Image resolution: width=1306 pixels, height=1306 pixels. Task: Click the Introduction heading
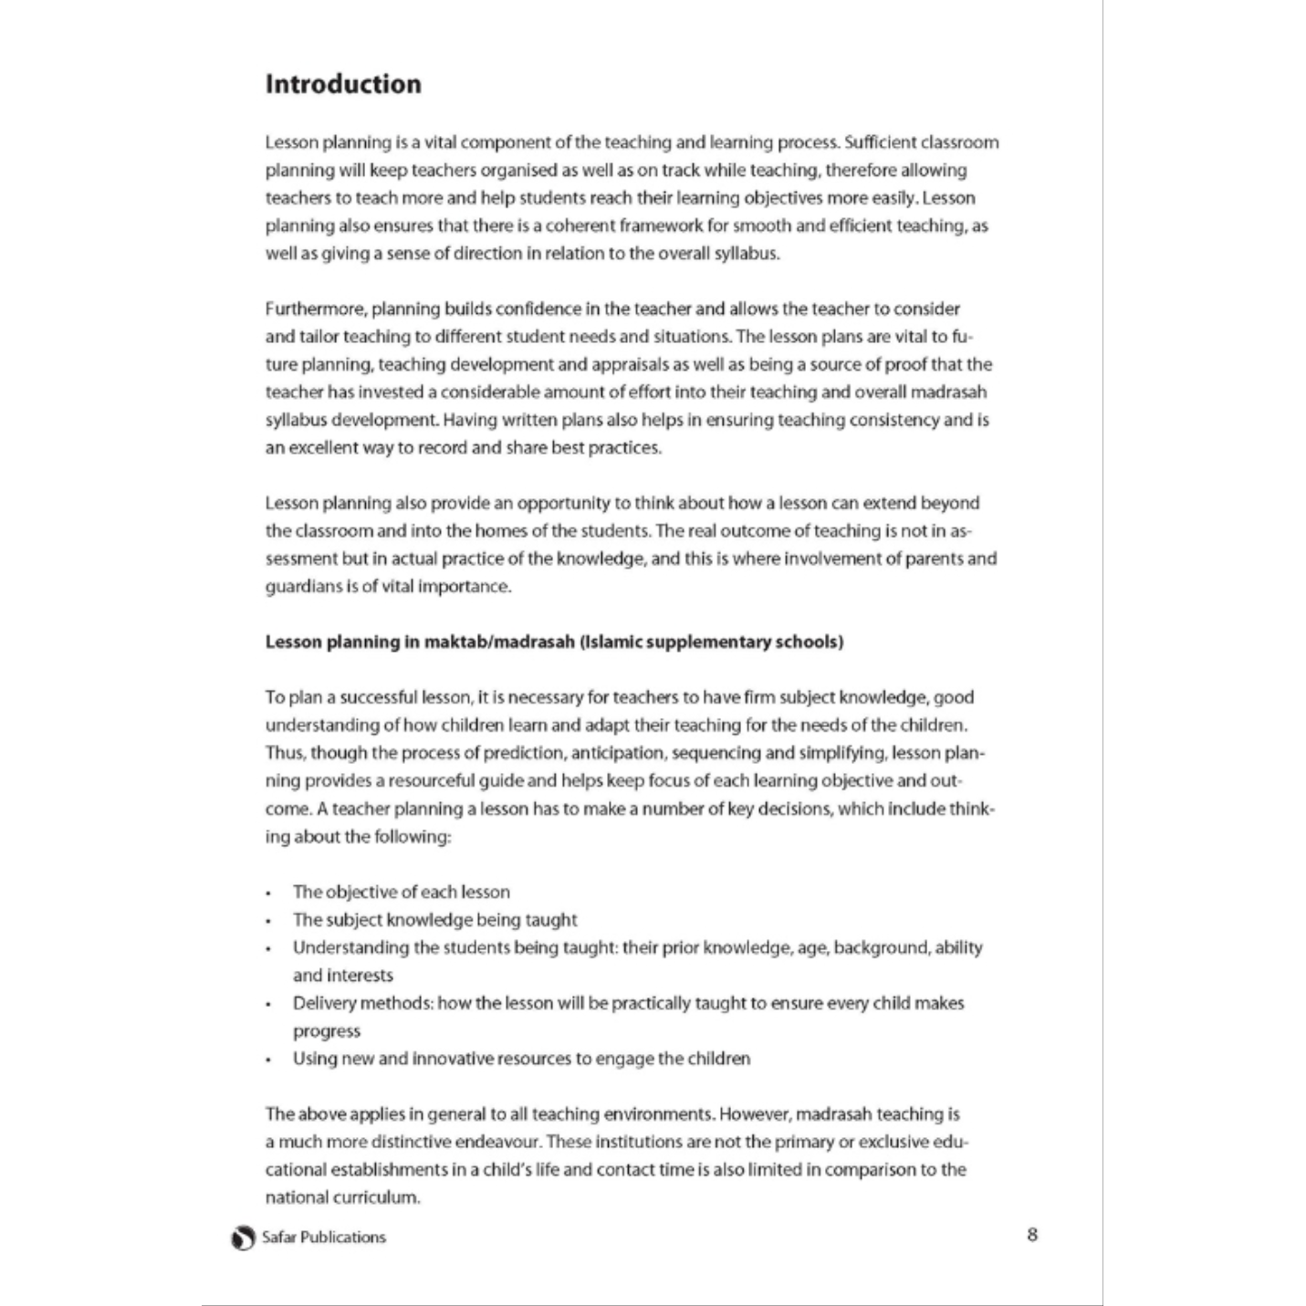[x=343, y=84]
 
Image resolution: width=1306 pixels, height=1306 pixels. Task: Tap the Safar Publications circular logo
[x=243, y=1238]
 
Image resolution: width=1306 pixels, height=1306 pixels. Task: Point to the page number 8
[x=1032, y=1235]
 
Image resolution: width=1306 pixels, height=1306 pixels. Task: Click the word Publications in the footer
[x=343, y=1238]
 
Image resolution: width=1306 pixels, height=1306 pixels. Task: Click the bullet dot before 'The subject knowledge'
[x=268, y=921]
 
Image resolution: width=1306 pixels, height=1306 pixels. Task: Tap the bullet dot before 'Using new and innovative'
[x=268, y=1060]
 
